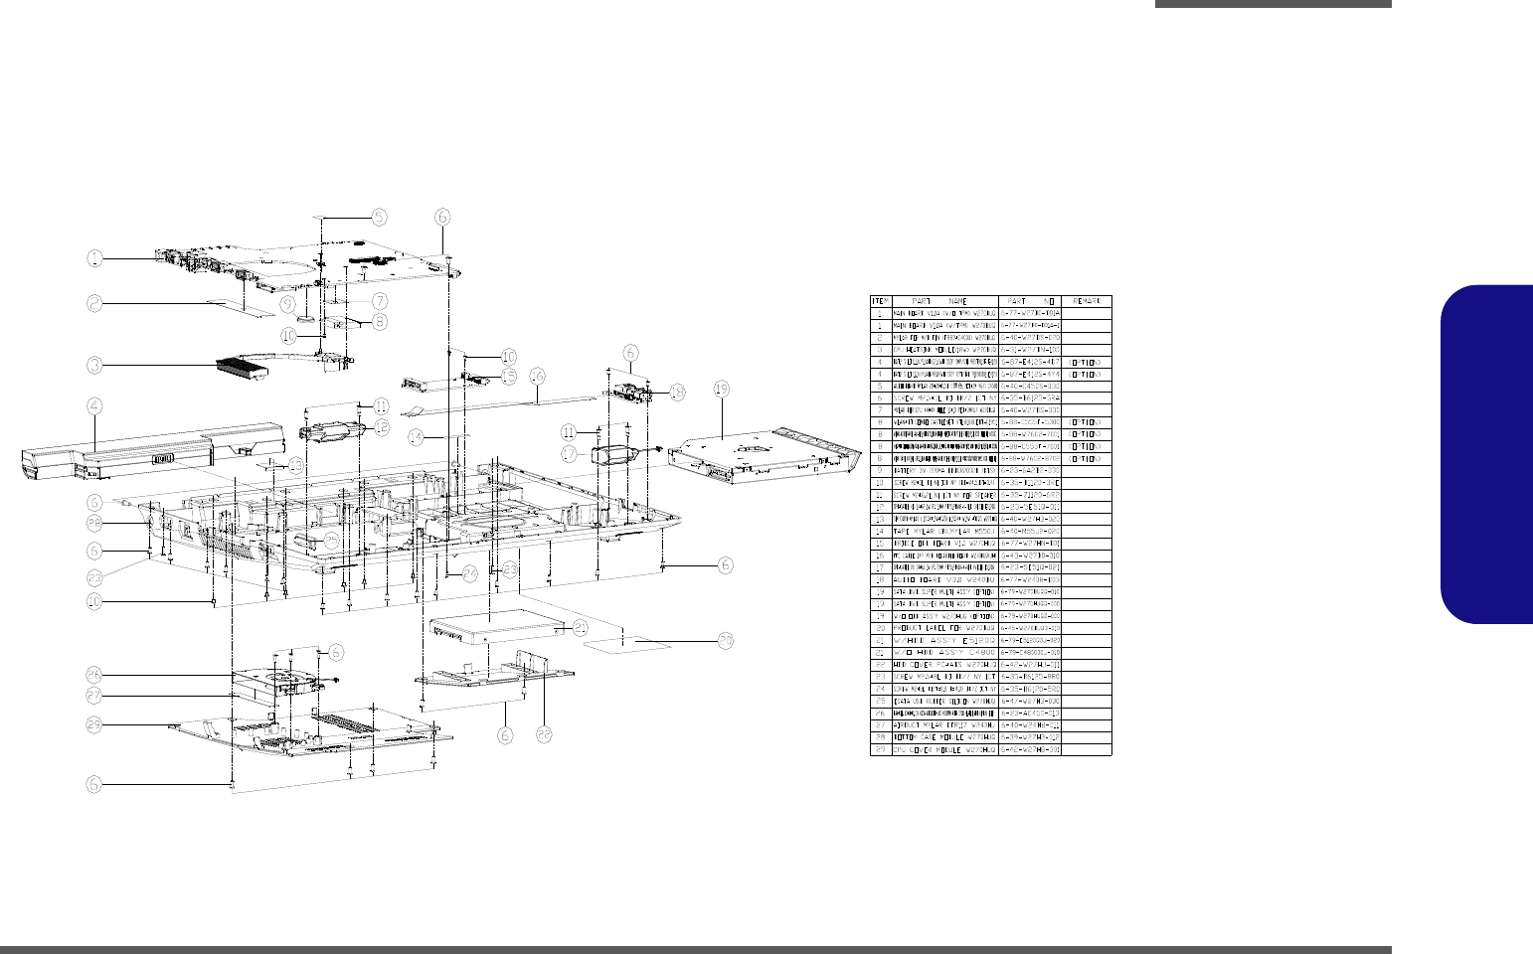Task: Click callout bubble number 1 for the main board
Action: (x=93, y=258)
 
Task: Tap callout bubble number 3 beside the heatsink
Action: (x=93, y=365)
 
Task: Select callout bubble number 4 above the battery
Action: (x=93, y=405)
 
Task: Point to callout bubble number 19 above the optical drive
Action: (x=722, y=389)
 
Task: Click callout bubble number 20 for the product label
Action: (x=726, y=642)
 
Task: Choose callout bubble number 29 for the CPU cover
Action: (x=93, y=725)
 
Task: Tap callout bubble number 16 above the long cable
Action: (x=537, y=377)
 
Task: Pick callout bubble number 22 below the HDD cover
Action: (x=545, y=736)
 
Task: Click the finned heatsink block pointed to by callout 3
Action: (x=243, y=369)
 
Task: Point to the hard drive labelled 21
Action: (x=495, y=627)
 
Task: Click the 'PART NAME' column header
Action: (x=944, y=301)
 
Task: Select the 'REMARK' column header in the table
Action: (x=1086, y=301)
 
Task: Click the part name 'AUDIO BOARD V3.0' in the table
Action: (x=944, y=579)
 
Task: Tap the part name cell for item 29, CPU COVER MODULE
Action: (x=944, y=749)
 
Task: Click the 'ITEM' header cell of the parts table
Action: (x=881, y=301)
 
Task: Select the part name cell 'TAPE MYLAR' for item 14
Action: (x=944, y=531)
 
